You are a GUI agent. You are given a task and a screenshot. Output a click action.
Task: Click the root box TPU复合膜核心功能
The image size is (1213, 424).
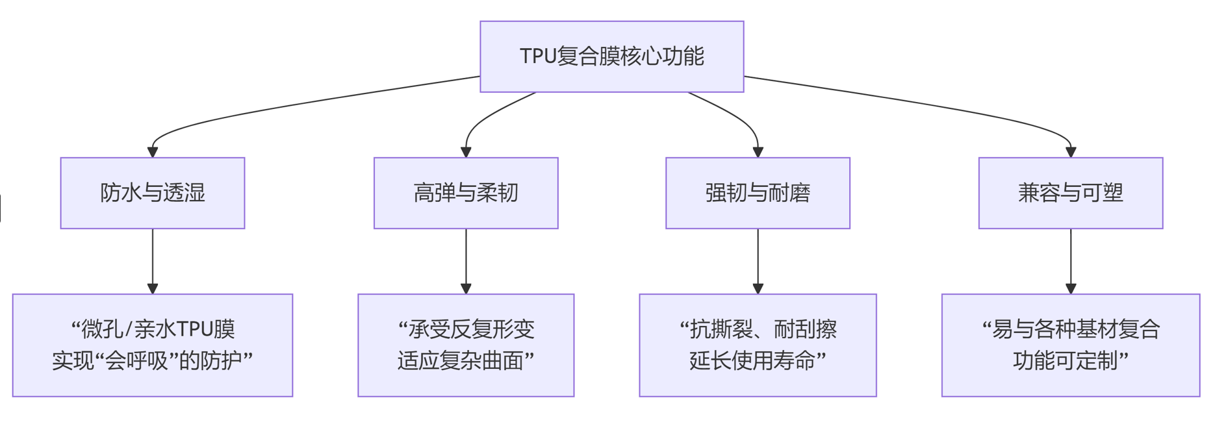[x=611, y=56]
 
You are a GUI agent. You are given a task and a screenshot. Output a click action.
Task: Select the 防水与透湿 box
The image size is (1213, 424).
[x=153, y=193]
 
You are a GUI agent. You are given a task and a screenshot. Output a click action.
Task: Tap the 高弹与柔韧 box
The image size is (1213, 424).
[x=466, y=193]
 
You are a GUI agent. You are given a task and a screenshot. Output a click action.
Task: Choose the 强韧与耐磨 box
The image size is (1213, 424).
[x=758, y=193]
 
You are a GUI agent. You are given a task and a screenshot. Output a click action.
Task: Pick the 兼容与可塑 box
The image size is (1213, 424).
[x=1071, y=193]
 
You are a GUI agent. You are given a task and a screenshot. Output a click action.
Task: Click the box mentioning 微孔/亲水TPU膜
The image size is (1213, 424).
[x=153, y=345]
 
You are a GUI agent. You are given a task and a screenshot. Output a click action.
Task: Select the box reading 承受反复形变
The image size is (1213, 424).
[x=466, y=345]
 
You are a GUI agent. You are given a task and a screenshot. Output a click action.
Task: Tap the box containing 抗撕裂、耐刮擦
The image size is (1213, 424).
[x=758, y=345]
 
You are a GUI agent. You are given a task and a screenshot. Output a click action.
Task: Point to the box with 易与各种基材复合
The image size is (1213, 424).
[x=1071, y=345]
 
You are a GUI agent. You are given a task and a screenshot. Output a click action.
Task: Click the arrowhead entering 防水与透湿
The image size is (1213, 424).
[x=153, y=152]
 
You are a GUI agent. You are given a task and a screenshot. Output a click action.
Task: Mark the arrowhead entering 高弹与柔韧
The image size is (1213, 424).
[x=466, y=152]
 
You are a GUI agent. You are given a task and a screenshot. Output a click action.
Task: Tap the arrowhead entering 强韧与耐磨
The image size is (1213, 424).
[x=758, y=152]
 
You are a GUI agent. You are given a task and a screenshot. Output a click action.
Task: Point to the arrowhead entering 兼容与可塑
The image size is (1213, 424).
[x=1071, y=152]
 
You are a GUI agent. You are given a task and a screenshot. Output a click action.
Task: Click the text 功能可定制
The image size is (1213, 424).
[x=1066, y=360]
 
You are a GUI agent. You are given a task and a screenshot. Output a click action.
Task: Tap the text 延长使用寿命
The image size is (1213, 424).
[x=752, y=360]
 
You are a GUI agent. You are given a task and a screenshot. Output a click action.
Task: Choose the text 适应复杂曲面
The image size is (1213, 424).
[x=461, y=360]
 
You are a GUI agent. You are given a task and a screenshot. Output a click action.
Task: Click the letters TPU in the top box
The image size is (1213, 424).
[x=537, y=56]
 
